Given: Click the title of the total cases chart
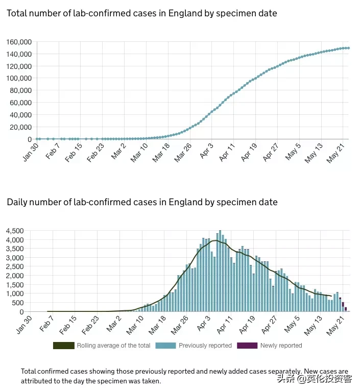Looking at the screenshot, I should point(142,13).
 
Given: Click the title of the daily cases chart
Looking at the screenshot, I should point(142,202).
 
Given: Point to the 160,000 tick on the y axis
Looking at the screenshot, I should point(19,42).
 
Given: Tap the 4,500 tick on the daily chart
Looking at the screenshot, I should point(15,231).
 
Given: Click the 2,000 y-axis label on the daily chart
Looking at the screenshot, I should point(15,276).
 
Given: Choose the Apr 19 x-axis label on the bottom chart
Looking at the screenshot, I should point(248,325).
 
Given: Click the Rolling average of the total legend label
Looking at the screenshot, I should point(113,346).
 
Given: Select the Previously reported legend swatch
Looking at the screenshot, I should point(166,346).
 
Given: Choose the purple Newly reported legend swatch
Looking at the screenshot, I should point(248,346).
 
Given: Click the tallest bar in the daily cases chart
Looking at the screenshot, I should point(220,271).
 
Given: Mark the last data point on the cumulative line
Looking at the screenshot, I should point(348,48).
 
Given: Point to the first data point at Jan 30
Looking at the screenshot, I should point(37,139).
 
